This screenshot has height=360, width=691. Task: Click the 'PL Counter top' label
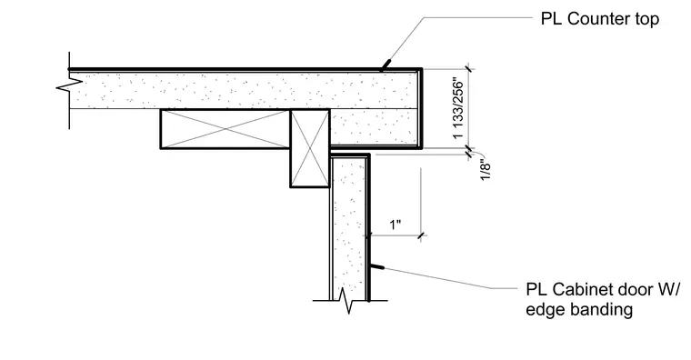tap(600, 19)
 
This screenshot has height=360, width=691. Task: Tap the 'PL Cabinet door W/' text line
tap(604, 289)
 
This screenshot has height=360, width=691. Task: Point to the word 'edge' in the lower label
tap(546, 310)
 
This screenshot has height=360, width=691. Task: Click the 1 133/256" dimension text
tap(458, 109)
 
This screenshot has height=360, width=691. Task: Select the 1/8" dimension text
tap(486, 172)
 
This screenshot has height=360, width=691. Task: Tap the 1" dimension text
tap(396, 225)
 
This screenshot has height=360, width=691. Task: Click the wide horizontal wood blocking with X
tap(225, 129)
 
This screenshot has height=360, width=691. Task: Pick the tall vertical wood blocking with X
tap(310, 148)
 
